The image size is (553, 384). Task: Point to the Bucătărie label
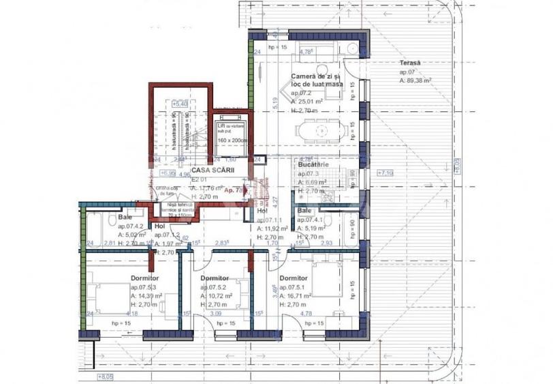(313, 165)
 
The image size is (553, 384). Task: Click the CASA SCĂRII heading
(209, 170)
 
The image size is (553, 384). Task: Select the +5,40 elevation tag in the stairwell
(180, 104)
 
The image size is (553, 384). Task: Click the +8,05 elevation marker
(106, 376)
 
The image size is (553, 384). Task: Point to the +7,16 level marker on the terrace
(385, 173)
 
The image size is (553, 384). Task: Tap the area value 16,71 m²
(299, 297)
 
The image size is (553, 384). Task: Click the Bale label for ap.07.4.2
(125, 217)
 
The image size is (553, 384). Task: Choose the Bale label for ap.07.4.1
(304, 212)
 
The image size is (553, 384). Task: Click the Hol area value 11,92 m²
(274, 230)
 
